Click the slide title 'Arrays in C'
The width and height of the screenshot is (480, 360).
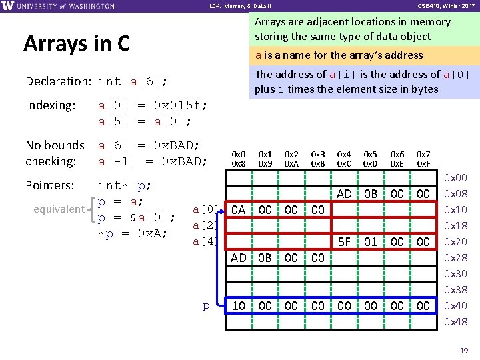tap(77, 44)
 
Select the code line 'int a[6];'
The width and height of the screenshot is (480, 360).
tap(132, 81)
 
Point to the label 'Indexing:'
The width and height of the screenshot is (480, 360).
tap(50, 105)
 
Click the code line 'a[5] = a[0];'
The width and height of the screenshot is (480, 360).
tap(145, 121)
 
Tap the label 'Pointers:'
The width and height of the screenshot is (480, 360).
tap(50, 185)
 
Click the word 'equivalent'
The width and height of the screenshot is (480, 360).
tap(59, 209)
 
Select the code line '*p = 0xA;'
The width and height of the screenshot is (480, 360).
tap(132, 233)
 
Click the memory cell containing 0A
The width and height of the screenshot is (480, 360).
tap(239, 210)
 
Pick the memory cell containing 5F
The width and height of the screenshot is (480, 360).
tap(344, 242)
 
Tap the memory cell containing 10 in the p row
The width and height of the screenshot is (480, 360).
tap(239, 306)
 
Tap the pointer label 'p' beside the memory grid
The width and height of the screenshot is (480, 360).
tap(206, 306)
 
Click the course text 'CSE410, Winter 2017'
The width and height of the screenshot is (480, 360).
tap(446, 6)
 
